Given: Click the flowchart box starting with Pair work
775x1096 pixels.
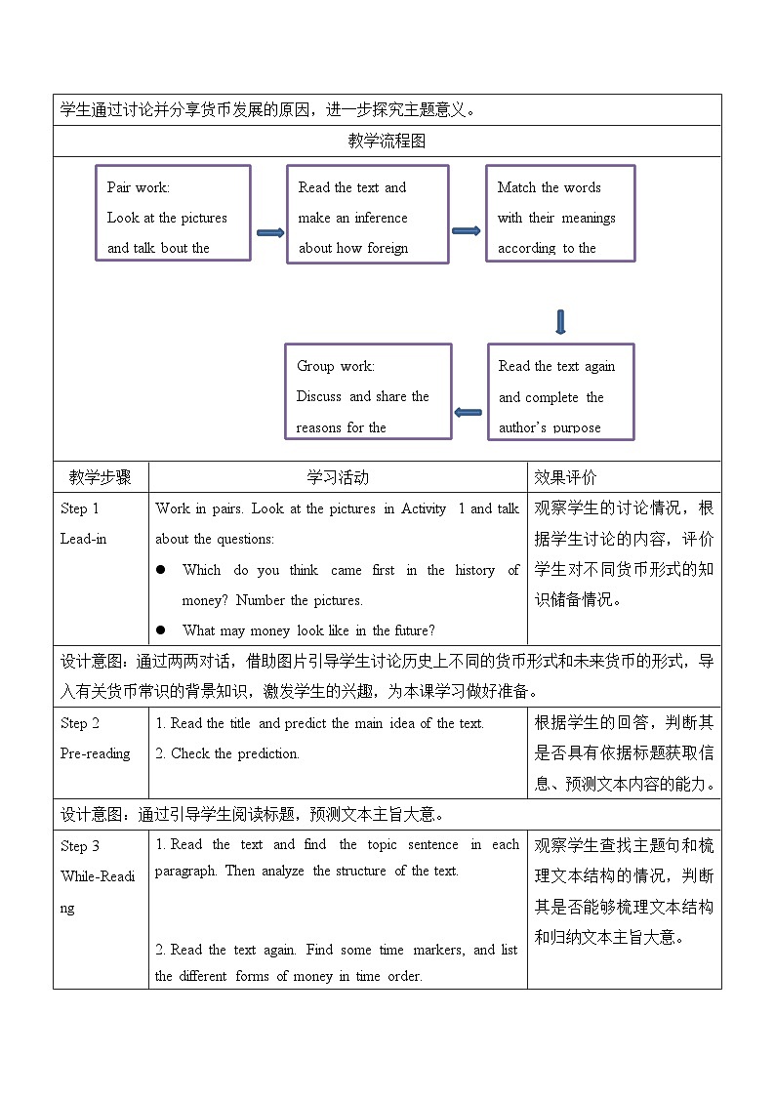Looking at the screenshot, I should tap(173, 213).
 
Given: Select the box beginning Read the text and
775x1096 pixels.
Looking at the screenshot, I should tap(367, 214).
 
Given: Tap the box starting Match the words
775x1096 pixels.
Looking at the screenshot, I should tap(560, 213).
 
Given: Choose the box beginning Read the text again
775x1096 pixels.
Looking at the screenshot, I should tap(560, 391).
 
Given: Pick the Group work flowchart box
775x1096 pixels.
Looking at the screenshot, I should tap(368, 391).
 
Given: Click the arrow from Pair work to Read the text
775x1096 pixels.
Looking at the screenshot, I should tap(269, 232).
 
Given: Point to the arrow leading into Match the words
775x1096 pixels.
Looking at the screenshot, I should tap(467, 230).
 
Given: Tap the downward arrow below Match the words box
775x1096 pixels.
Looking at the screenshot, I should tap(560, 322).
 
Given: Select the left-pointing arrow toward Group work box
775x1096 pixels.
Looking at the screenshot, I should tap(469, 412).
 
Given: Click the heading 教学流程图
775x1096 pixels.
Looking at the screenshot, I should tap(387, 141).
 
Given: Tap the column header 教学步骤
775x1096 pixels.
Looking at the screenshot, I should tap(100, 477).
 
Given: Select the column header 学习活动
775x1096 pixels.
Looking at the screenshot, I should tap(338, 477).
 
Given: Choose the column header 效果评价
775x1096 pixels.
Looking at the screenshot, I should tap(565, 477).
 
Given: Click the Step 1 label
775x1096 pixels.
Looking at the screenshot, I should tap(80, 508).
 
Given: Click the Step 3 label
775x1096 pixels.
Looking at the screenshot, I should tap(80, 846).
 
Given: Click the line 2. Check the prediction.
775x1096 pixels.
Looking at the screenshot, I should tap(227, 753).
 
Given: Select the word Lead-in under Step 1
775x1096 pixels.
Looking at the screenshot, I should tap(83, 539).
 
